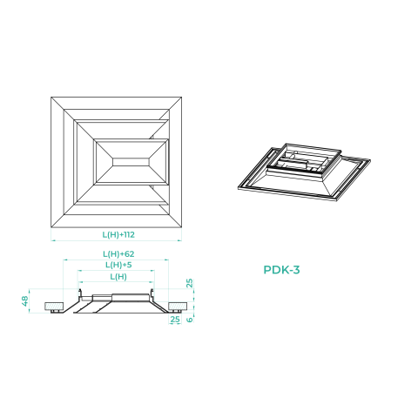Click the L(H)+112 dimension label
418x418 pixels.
(x=118, y=234)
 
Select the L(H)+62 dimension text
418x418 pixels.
(x=118, y=254)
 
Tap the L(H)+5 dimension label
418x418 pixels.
(x=118, y=265)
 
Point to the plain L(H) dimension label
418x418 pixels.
(x=118, y=277)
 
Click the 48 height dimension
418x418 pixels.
(x=25, y=301)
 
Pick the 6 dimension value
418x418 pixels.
(x=190, y=320)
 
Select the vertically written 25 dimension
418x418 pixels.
(x=189, y=283)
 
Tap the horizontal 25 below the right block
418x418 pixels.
(x=175, y=320)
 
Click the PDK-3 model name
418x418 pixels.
(x=281, y=270)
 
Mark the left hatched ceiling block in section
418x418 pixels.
(x=54, y=307)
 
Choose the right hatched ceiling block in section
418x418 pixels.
(x=178, y=307)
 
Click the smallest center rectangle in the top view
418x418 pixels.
(x=131, y=162)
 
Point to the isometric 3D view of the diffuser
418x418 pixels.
(x=304, y=172)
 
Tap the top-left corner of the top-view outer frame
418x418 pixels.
(x=51, y=97)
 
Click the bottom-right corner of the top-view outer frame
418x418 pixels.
(x=182, y=227)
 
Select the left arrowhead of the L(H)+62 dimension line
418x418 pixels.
(x=65, y=260)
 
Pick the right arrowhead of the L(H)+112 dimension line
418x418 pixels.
(x=180, y=240)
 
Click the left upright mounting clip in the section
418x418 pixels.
(x=79, y=294)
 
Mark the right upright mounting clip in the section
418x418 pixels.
(x=152, y=294)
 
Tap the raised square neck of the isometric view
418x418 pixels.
(x=304, y=158)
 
